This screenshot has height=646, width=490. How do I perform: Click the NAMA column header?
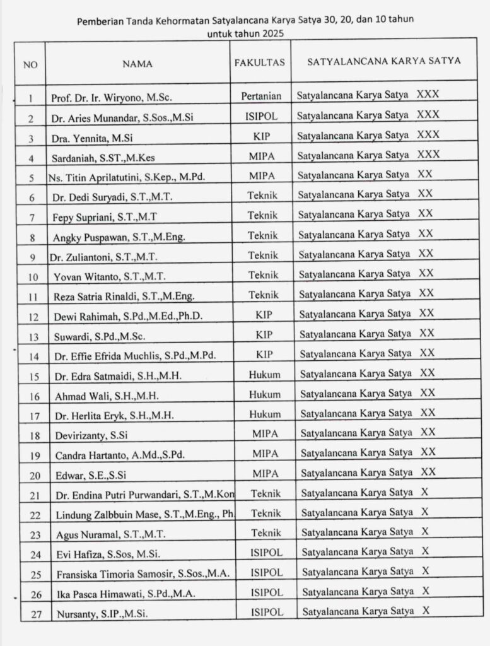pyautogui.click(x=137, y=63)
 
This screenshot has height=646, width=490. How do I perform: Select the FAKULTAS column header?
pyautogui.click(x=260, y=62)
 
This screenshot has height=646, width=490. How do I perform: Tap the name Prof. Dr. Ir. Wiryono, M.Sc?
pyautogui.click(x=112, y=98)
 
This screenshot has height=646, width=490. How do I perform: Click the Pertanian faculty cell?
pyautogui.click(x=260, y=97)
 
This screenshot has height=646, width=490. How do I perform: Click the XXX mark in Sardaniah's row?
pyautogui.click(x=428, y=154)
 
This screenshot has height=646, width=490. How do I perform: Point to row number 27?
pyautogui.click(x=37, y=613)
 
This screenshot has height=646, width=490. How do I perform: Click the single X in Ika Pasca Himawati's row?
pyautogui.click(x=426, y=591)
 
